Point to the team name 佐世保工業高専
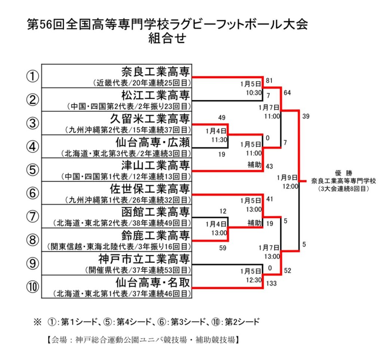click(150, 188)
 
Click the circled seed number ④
click(33, 146)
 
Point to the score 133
click(272, 284)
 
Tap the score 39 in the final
click(306, 116)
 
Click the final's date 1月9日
click(287, 177)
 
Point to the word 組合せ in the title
click(167, 39)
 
